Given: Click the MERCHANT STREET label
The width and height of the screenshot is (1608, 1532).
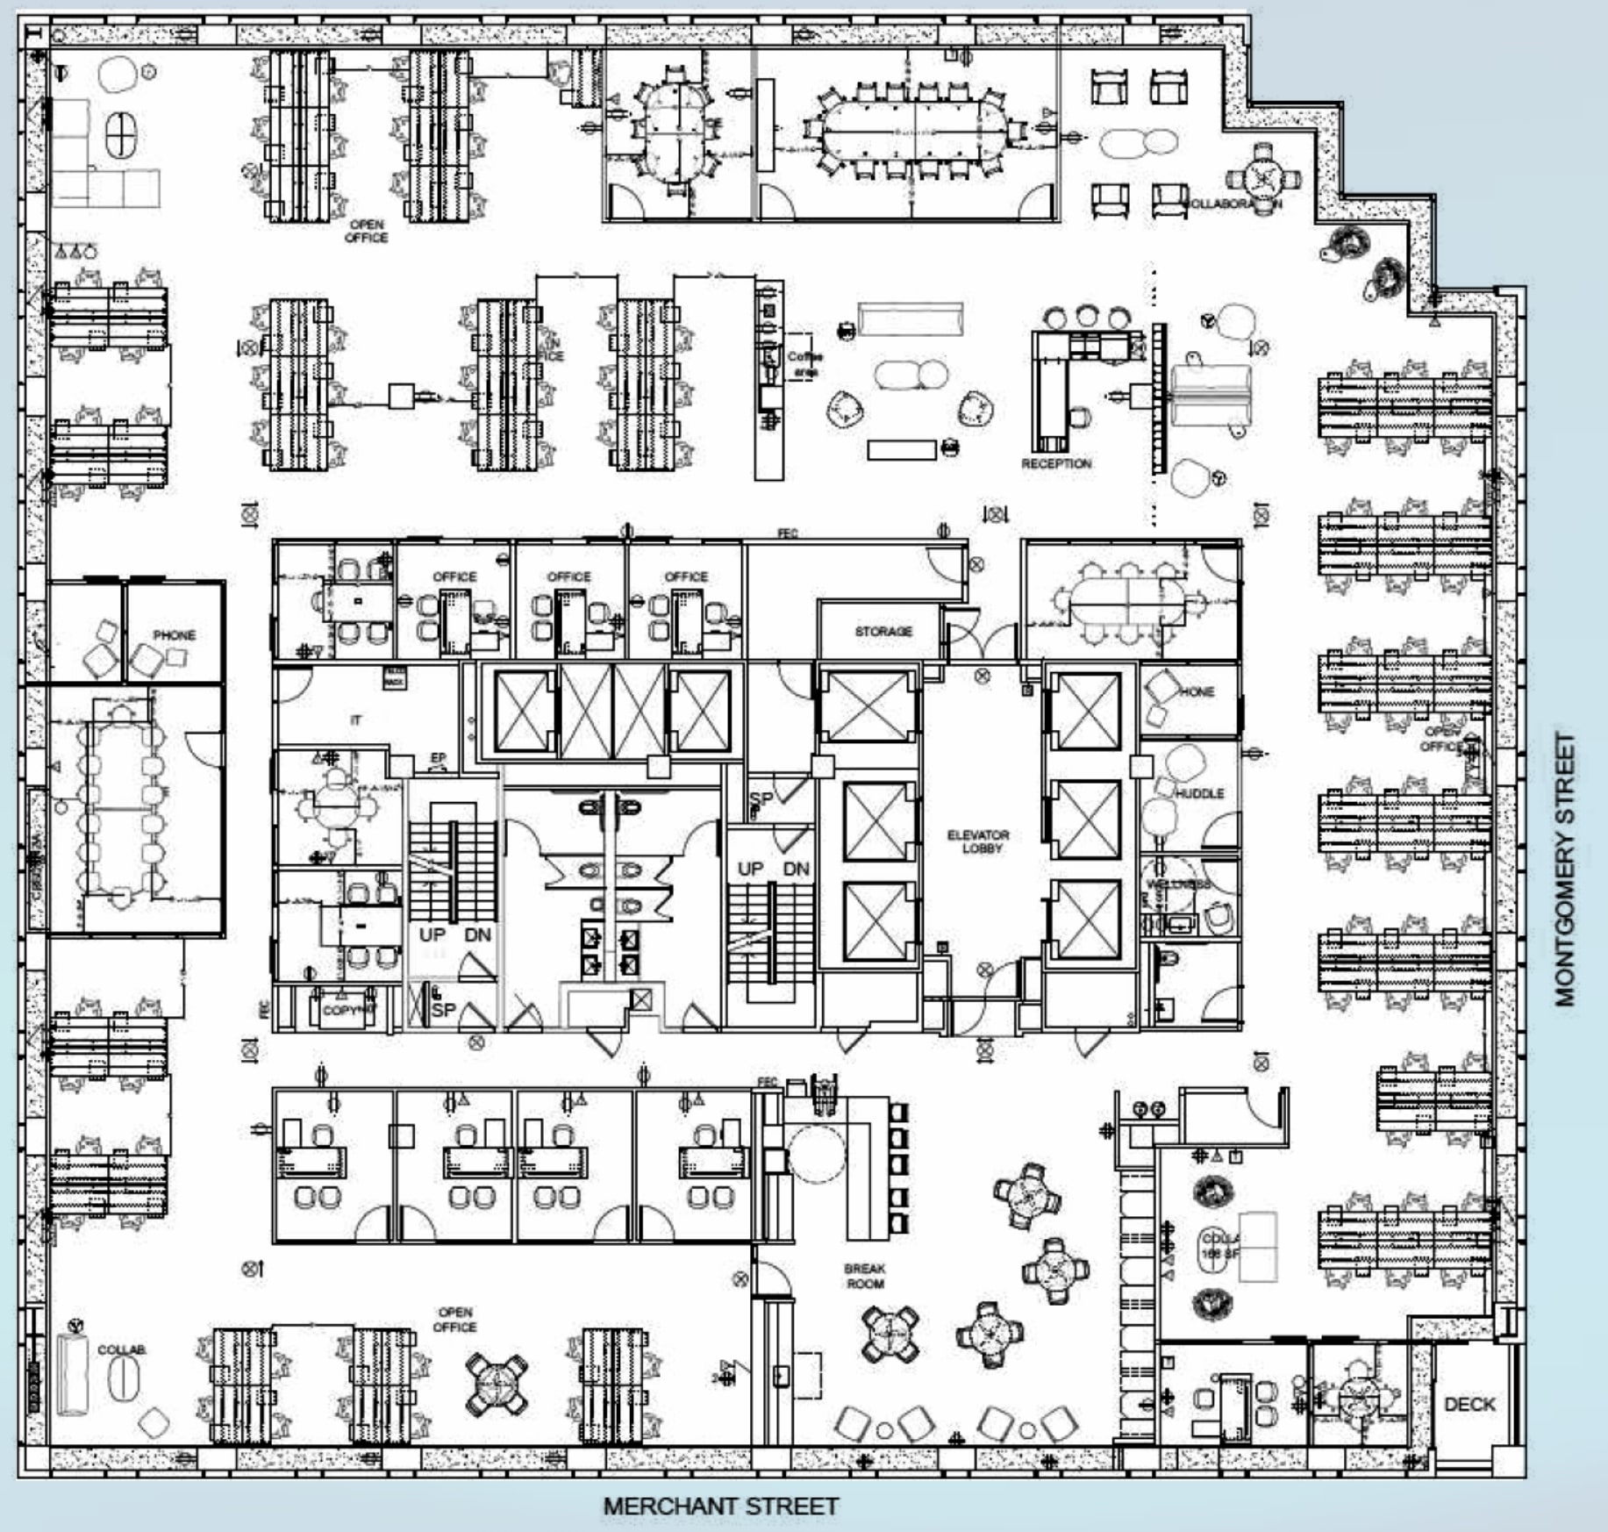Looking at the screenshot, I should (720, 1506).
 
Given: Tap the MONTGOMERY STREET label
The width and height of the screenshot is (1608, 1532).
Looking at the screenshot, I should (1565, 869).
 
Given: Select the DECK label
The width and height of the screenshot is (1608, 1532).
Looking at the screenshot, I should (1469, 1404).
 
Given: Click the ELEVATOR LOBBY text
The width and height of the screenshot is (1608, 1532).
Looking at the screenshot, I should (979, 841).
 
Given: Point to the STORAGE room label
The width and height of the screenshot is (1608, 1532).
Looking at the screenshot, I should (883, 631).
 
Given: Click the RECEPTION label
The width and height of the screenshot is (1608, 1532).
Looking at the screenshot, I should (1056, 463).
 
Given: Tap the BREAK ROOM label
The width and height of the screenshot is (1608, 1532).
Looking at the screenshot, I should (864, 1276).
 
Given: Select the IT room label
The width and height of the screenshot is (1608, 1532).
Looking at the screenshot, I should (355, 719).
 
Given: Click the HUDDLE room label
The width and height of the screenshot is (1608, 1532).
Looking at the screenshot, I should (1199, 793).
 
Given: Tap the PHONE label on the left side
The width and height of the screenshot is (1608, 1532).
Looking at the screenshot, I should (174, 634).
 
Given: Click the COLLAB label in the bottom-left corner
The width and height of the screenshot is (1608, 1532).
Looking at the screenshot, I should (121, 1349).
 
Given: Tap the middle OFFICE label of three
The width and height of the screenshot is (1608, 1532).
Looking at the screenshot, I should (568, 576).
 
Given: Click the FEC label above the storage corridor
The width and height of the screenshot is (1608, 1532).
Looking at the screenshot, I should (787, 533).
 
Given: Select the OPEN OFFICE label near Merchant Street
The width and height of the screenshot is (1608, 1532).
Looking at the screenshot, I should (454, 1320).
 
